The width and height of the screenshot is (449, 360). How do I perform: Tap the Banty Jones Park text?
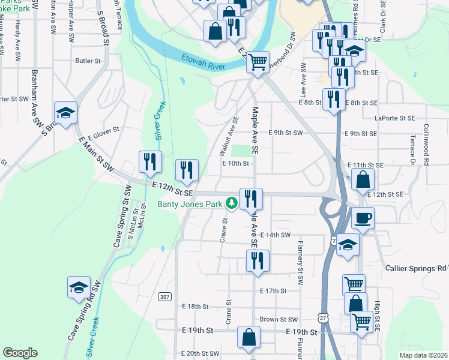point(190,204)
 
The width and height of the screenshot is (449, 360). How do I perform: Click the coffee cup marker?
point(363,218)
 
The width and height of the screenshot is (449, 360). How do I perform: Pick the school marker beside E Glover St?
point(66,113)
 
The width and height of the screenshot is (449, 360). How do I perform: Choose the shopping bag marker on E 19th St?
point(249,337)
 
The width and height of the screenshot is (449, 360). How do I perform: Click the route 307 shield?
point(165,297)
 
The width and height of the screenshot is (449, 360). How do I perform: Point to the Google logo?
point(20,353)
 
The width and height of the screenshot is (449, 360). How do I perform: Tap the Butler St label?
point(88,61)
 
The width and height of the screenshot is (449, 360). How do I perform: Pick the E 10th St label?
point(235,163)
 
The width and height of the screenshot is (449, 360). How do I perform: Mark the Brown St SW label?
point(279,320)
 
